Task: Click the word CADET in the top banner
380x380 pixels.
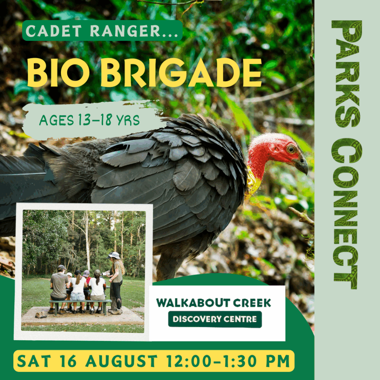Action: click(x=53, y=31)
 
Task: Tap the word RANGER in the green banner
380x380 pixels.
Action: click(x=125, y=31)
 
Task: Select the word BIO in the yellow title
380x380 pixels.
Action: click(x=58, y=72)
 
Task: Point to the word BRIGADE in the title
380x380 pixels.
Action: click(x=181, y=72)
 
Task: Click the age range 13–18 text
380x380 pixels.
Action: click(x=95, y=119)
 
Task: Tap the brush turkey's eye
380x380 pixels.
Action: click(x=290, y=149)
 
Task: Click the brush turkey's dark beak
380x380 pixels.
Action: click(x=301, y=165)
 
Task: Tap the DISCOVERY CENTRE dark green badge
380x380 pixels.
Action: click(x=215, y=319)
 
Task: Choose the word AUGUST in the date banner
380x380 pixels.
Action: click(x=121, y=361)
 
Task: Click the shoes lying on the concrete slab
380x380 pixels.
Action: click(x=41, y=315)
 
